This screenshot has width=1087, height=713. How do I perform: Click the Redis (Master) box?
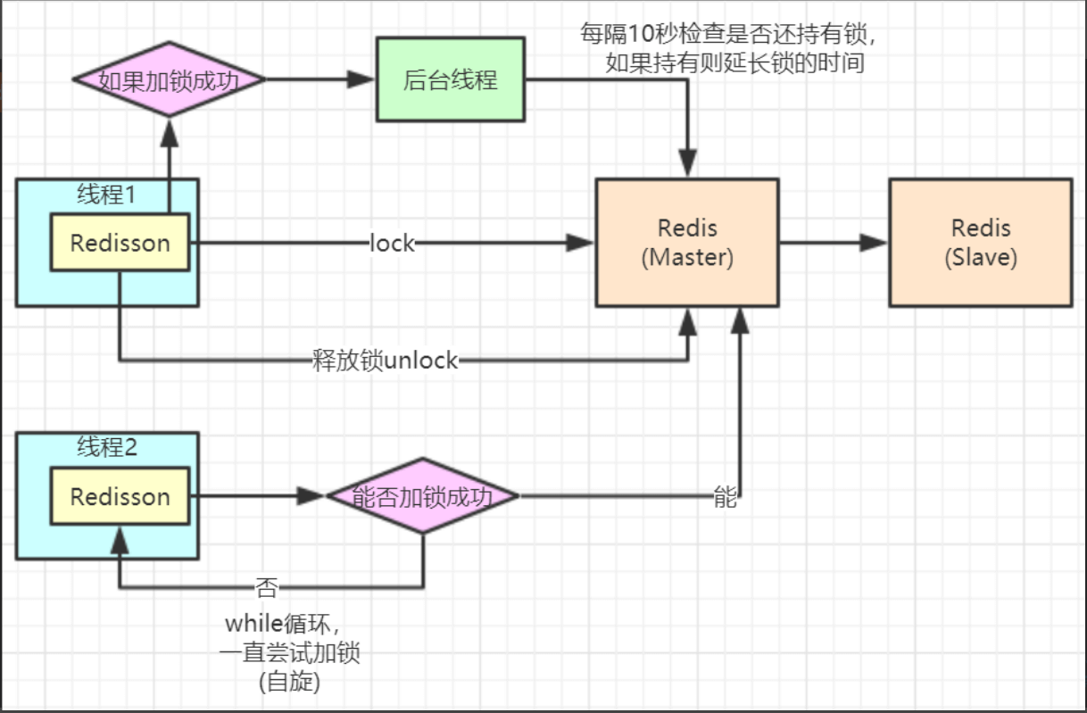[687, 243]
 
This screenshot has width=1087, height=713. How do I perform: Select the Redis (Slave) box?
[980, 243]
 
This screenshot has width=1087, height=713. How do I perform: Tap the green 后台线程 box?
[450, 79]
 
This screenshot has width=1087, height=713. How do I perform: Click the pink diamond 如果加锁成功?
[169, 79]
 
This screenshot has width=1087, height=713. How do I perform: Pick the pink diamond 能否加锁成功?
[422, 496]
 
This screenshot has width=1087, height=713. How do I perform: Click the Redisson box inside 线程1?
[120, 243]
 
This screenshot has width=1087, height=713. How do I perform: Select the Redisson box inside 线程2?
[120, 496]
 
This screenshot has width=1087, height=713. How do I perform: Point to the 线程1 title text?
[106, 195]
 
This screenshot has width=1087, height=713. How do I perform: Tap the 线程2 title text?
[106, 447]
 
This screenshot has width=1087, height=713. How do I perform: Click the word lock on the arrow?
[392, 243]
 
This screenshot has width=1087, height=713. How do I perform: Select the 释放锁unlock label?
[385, 361]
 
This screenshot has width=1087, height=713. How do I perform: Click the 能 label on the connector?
[725, 497]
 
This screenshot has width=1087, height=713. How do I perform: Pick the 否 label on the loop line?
[266, 586]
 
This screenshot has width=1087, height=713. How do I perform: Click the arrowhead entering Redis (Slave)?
[875, 243]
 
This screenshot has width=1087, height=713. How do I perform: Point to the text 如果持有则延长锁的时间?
[734, 63]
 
